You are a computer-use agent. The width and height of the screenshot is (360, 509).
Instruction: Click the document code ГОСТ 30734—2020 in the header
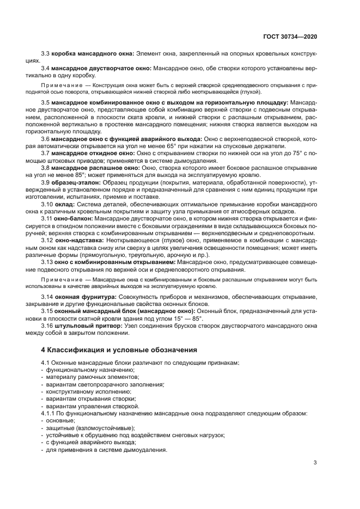pos(288,36)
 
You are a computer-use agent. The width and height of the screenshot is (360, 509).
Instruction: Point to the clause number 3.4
pos(46,69)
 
